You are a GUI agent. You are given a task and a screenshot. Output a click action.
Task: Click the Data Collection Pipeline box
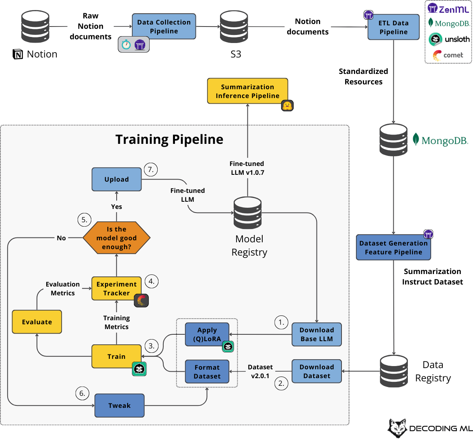point(164,27)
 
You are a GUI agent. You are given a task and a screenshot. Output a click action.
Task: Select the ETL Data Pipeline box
point(393,27)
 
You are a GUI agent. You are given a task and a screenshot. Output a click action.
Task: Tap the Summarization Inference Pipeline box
point(247,91)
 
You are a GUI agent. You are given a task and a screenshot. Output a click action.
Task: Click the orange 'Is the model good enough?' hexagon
point(117,238)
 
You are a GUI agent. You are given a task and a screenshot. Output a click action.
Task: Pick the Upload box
point(117,179)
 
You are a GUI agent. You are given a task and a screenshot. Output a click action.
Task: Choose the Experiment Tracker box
point(117,289)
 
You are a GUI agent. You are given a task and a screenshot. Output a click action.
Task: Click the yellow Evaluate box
point(37,322)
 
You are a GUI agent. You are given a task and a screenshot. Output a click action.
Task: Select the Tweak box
point(119,405)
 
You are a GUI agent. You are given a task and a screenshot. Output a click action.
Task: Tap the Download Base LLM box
point(317,334)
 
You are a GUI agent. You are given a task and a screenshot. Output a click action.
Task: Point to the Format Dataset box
point(207,372)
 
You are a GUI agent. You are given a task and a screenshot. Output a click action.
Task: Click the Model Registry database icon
point(248,213)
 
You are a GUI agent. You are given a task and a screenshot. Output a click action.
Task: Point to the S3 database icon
point(234,27)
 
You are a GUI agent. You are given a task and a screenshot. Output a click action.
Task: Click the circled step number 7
point(151,170)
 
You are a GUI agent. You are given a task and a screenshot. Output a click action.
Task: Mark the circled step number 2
point(281,383)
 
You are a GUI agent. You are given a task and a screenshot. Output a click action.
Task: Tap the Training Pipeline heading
point(169,139)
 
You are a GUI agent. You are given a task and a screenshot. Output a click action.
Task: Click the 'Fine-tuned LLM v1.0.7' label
point(247,168)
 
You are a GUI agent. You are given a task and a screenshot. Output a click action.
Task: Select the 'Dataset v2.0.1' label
point(260,371)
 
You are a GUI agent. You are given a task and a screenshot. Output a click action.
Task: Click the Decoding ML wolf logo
point(398,428)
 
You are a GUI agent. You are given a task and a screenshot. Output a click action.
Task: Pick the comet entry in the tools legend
point(448,55)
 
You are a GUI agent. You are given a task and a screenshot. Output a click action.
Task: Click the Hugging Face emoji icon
point(287,106)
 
